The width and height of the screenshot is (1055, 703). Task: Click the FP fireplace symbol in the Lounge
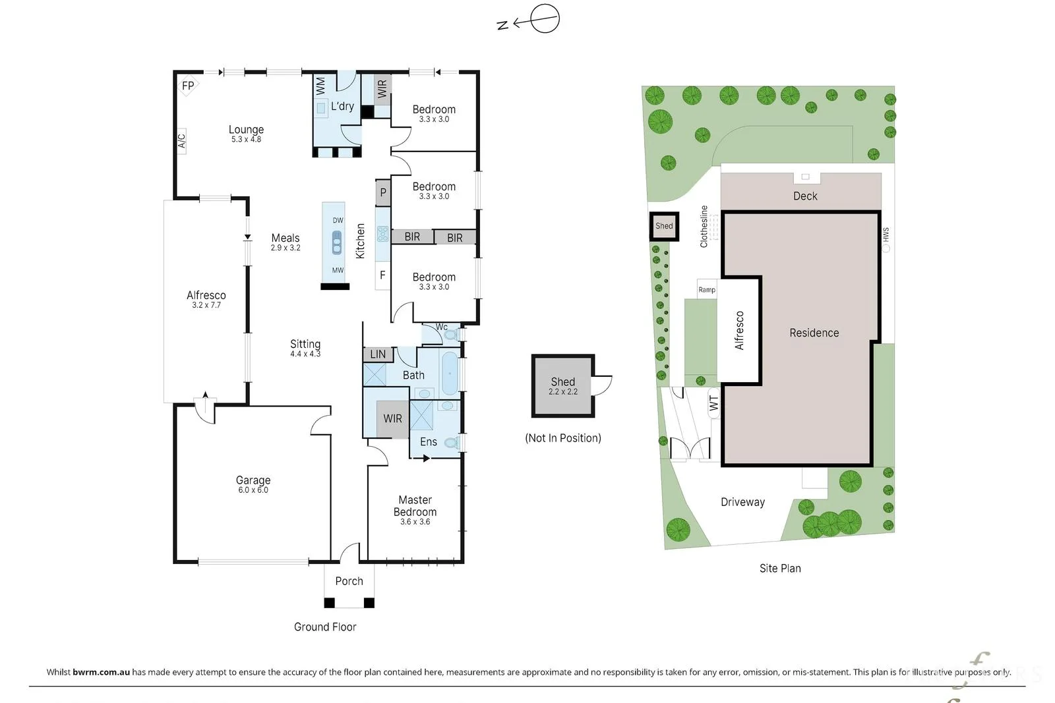(188, 86)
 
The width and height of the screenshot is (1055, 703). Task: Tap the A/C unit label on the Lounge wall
(182, 141)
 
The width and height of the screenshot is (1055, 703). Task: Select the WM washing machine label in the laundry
(320, 86)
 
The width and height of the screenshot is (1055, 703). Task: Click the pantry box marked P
(383, 192)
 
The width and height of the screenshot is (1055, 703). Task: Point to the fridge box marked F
(382, 275)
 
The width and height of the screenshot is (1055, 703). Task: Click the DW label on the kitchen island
(338, 220)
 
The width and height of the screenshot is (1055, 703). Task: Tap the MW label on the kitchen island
(338, 270)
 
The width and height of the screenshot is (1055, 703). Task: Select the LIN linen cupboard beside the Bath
(378, 354)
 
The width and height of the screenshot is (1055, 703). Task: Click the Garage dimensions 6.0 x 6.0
(253, 490)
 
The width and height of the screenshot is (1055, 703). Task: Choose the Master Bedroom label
(415, 506)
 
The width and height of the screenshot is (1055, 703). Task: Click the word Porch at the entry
(349, 581)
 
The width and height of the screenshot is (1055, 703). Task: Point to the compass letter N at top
(503, 25)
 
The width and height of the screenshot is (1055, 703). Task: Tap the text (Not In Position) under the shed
(563, 438)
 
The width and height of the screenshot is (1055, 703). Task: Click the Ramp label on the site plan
(706, 290)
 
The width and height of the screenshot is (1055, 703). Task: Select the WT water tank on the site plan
(714, 403)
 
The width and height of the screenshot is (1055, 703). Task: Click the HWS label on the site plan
(886, 235)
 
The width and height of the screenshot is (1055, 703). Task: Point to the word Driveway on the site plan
(742, 502)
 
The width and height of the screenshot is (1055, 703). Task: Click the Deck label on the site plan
(805, 196)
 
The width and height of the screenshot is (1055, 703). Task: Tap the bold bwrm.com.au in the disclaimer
(101, 672)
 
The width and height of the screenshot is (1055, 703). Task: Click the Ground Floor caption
(325, 627)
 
